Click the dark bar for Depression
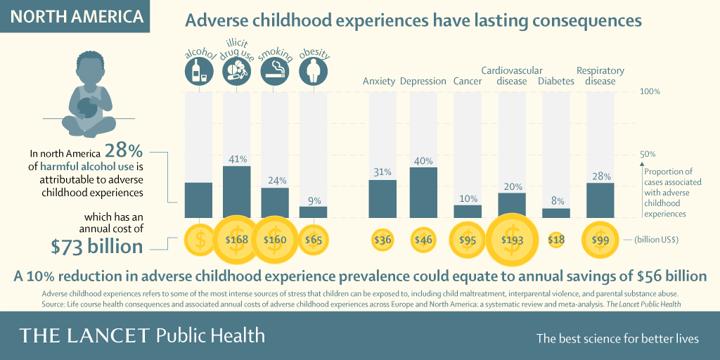[x=423, y=193]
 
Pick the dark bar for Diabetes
[x=556, y=213]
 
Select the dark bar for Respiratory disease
[x=600, y=200]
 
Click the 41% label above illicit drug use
[x=238, y=160]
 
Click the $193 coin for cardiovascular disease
[x=512, y=240]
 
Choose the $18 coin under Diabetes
[x=556, y=240]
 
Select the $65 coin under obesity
[x=314, y=240]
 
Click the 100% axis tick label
[x=650, y=91]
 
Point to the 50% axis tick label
[x=647, y=154]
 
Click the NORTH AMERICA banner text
[x=76, y=17]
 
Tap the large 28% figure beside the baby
[x=124, y=151]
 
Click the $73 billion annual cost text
[x=97, y=247]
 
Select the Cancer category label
[x=468, y=82]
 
